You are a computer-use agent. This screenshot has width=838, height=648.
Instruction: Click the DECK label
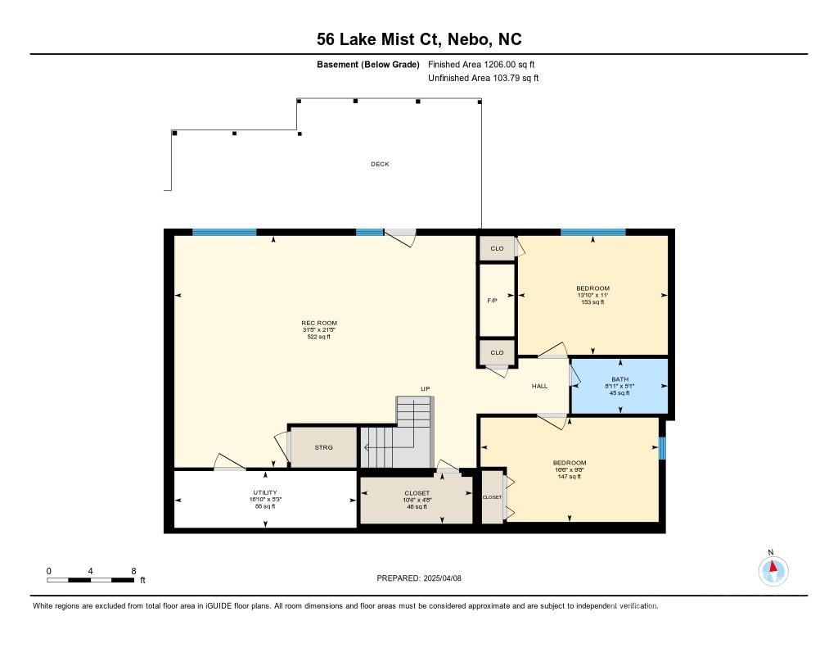(380, 165)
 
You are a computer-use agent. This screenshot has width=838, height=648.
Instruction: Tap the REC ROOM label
(319, 324)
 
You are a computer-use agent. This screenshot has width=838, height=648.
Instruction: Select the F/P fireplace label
(492, 301)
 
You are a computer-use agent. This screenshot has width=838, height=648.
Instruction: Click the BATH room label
(620, 378)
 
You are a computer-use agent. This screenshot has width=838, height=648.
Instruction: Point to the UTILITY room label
(265, 493)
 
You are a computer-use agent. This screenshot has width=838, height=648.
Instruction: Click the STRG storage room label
(323, 447)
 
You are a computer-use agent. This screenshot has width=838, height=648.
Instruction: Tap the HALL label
(540, 386)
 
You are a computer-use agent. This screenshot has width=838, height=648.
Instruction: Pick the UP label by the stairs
(426, 389)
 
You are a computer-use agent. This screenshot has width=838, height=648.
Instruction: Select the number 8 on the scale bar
(133, 572)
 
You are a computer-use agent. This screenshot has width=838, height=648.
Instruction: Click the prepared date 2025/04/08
(443, 578)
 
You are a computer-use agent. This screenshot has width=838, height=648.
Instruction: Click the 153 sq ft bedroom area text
(592, 302)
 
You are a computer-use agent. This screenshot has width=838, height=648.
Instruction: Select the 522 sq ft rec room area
(319, 338)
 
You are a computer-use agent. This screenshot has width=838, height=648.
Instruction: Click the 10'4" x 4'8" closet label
(417, 501)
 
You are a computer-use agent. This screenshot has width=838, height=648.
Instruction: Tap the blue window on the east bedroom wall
(661, 448)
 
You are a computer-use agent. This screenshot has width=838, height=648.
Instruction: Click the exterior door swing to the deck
(400, 238)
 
